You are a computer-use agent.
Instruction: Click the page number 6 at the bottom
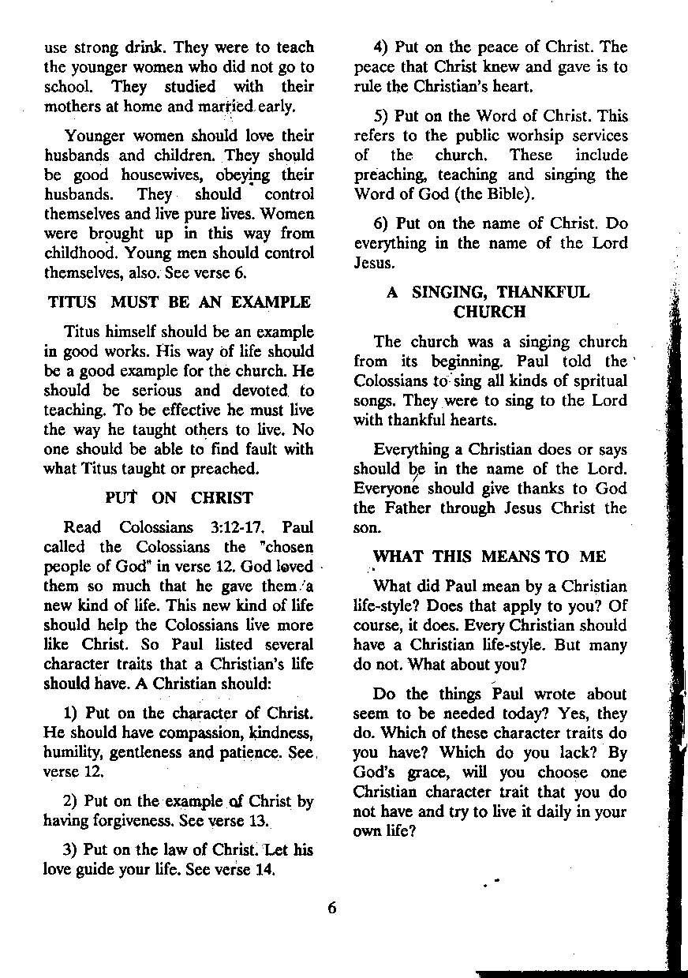pyautogui.click(x=332, y=908)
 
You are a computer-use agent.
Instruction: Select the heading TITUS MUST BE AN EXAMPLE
pyautogui.click(x=179, y=302)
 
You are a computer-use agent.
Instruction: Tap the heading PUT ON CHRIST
pyautogui.click(x=179, y=498)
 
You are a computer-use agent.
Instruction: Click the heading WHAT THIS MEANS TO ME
pyautogui.click(x=489, y=556)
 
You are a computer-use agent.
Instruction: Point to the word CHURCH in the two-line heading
pyautogui.click(x=490, y=312)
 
